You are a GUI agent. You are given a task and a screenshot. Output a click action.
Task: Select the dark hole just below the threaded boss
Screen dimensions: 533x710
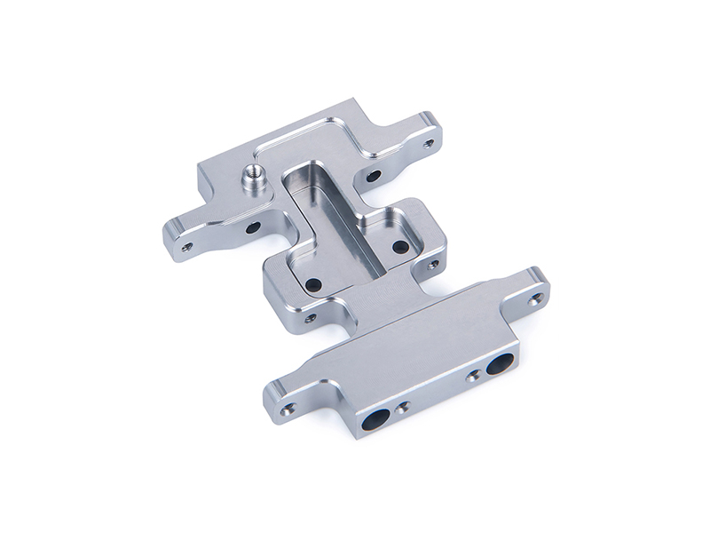coord(253,227)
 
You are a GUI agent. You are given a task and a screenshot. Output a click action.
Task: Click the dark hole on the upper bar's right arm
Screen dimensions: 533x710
coord(374,176)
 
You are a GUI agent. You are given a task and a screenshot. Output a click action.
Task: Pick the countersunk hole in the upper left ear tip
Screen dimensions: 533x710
coord(186,247)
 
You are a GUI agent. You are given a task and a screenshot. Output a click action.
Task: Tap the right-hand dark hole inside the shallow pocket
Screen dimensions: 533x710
coord(400,246)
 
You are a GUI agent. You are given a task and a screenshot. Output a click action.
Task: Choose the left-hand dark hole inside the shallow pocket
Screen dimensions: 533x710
coord(312,285)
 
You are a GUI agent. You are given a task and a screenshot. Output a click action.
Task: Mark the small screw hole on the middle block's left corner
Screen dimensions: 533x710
coord(310,317)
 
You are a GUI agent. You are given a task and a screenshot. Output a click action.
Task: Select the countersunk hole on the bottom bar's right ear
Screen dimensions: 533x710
coord(534,299)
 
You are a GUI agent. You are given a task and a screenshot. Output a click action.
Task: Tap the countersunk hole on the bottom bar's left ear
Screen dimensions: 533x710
coord(288,410)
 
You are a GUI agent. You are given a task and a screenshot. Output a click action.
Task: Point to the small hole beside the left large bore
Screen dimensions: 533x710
coord(404,409)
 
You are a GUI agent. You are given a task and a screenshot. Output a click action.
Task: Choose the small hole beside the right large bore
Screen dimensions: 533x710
coord(474,376)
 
